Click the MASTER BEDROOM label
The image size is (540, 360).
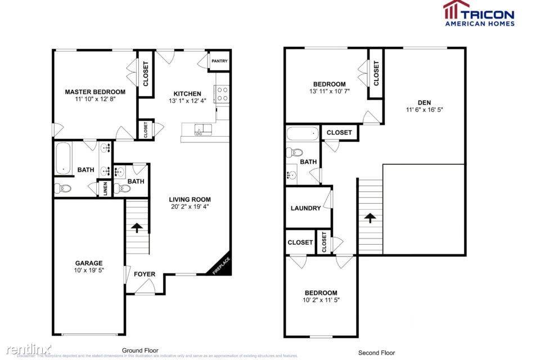(95, 92)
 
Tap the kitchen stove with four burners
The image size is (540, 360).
(222, 94)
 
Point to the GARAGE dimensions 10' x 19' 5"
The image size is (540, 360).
(89, 271)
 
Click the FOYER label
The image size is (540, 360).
(144, 274)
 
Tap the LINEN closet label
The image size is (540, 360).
(105, 188)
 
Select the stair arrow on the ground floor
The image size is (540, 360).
(136, 228)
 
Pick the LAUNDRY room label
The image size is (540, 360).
(305, 208)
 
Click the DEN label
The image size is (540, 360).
(424, 102)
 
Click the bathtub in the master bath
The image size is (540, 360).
(63, 159)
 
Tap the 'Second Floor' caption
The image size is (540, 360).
(376, 353)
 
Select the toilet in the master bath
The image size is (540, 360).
(63, 188)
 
